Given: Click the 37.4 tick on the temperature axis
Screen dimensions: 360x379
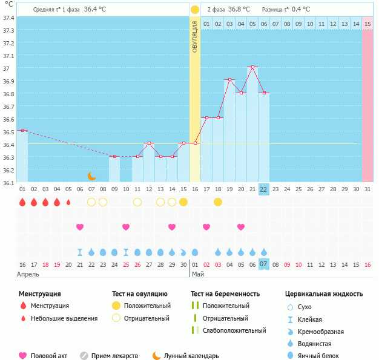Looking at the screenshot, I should (8, 18).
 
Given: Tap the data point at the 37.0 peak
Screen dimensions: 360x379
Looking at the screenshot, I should (252, 67).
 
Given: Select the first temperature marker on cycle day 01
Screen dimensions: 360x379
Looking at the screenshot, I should (22, 130).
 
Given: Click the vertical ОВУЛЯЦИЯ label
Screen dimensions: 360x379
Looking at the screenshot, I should (195, 36).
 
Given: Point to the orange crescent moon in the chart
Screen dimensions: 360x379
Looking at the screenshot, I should (91, 176).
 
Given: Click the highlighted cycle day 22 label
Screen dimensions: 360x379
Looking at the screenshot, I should (263, 189).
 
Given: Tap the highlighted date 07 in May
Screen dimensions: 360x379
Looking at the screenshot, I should (263, 264).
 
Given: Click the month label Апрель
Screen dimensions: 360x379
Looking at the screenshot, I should (28, 274).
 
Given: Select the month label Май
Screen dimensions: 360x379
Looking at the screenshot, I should (198, 274).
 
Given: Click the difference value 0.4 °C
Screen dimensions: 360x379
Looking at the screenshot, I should (301, 10).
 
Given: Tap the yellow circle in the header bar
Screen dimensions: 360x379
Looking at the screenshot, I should (195, 10).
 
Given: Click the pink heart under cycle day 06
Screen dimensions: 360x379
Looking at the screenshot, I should (80, 227).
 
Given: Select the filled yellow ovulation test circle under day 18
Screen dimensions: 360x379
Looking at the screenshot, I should (218, 201).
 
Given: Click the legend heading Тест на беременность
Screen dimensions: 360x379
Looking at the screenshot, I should (225, 294).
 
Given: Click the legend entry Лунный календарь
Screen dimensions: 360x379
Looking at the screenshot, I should (191, 356).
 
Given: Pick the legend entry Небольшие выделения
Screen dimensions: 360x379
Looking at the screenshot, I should (64, 318).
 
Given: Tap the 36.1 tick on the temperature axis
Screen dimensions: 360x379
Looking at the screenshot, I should (8, 182).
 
